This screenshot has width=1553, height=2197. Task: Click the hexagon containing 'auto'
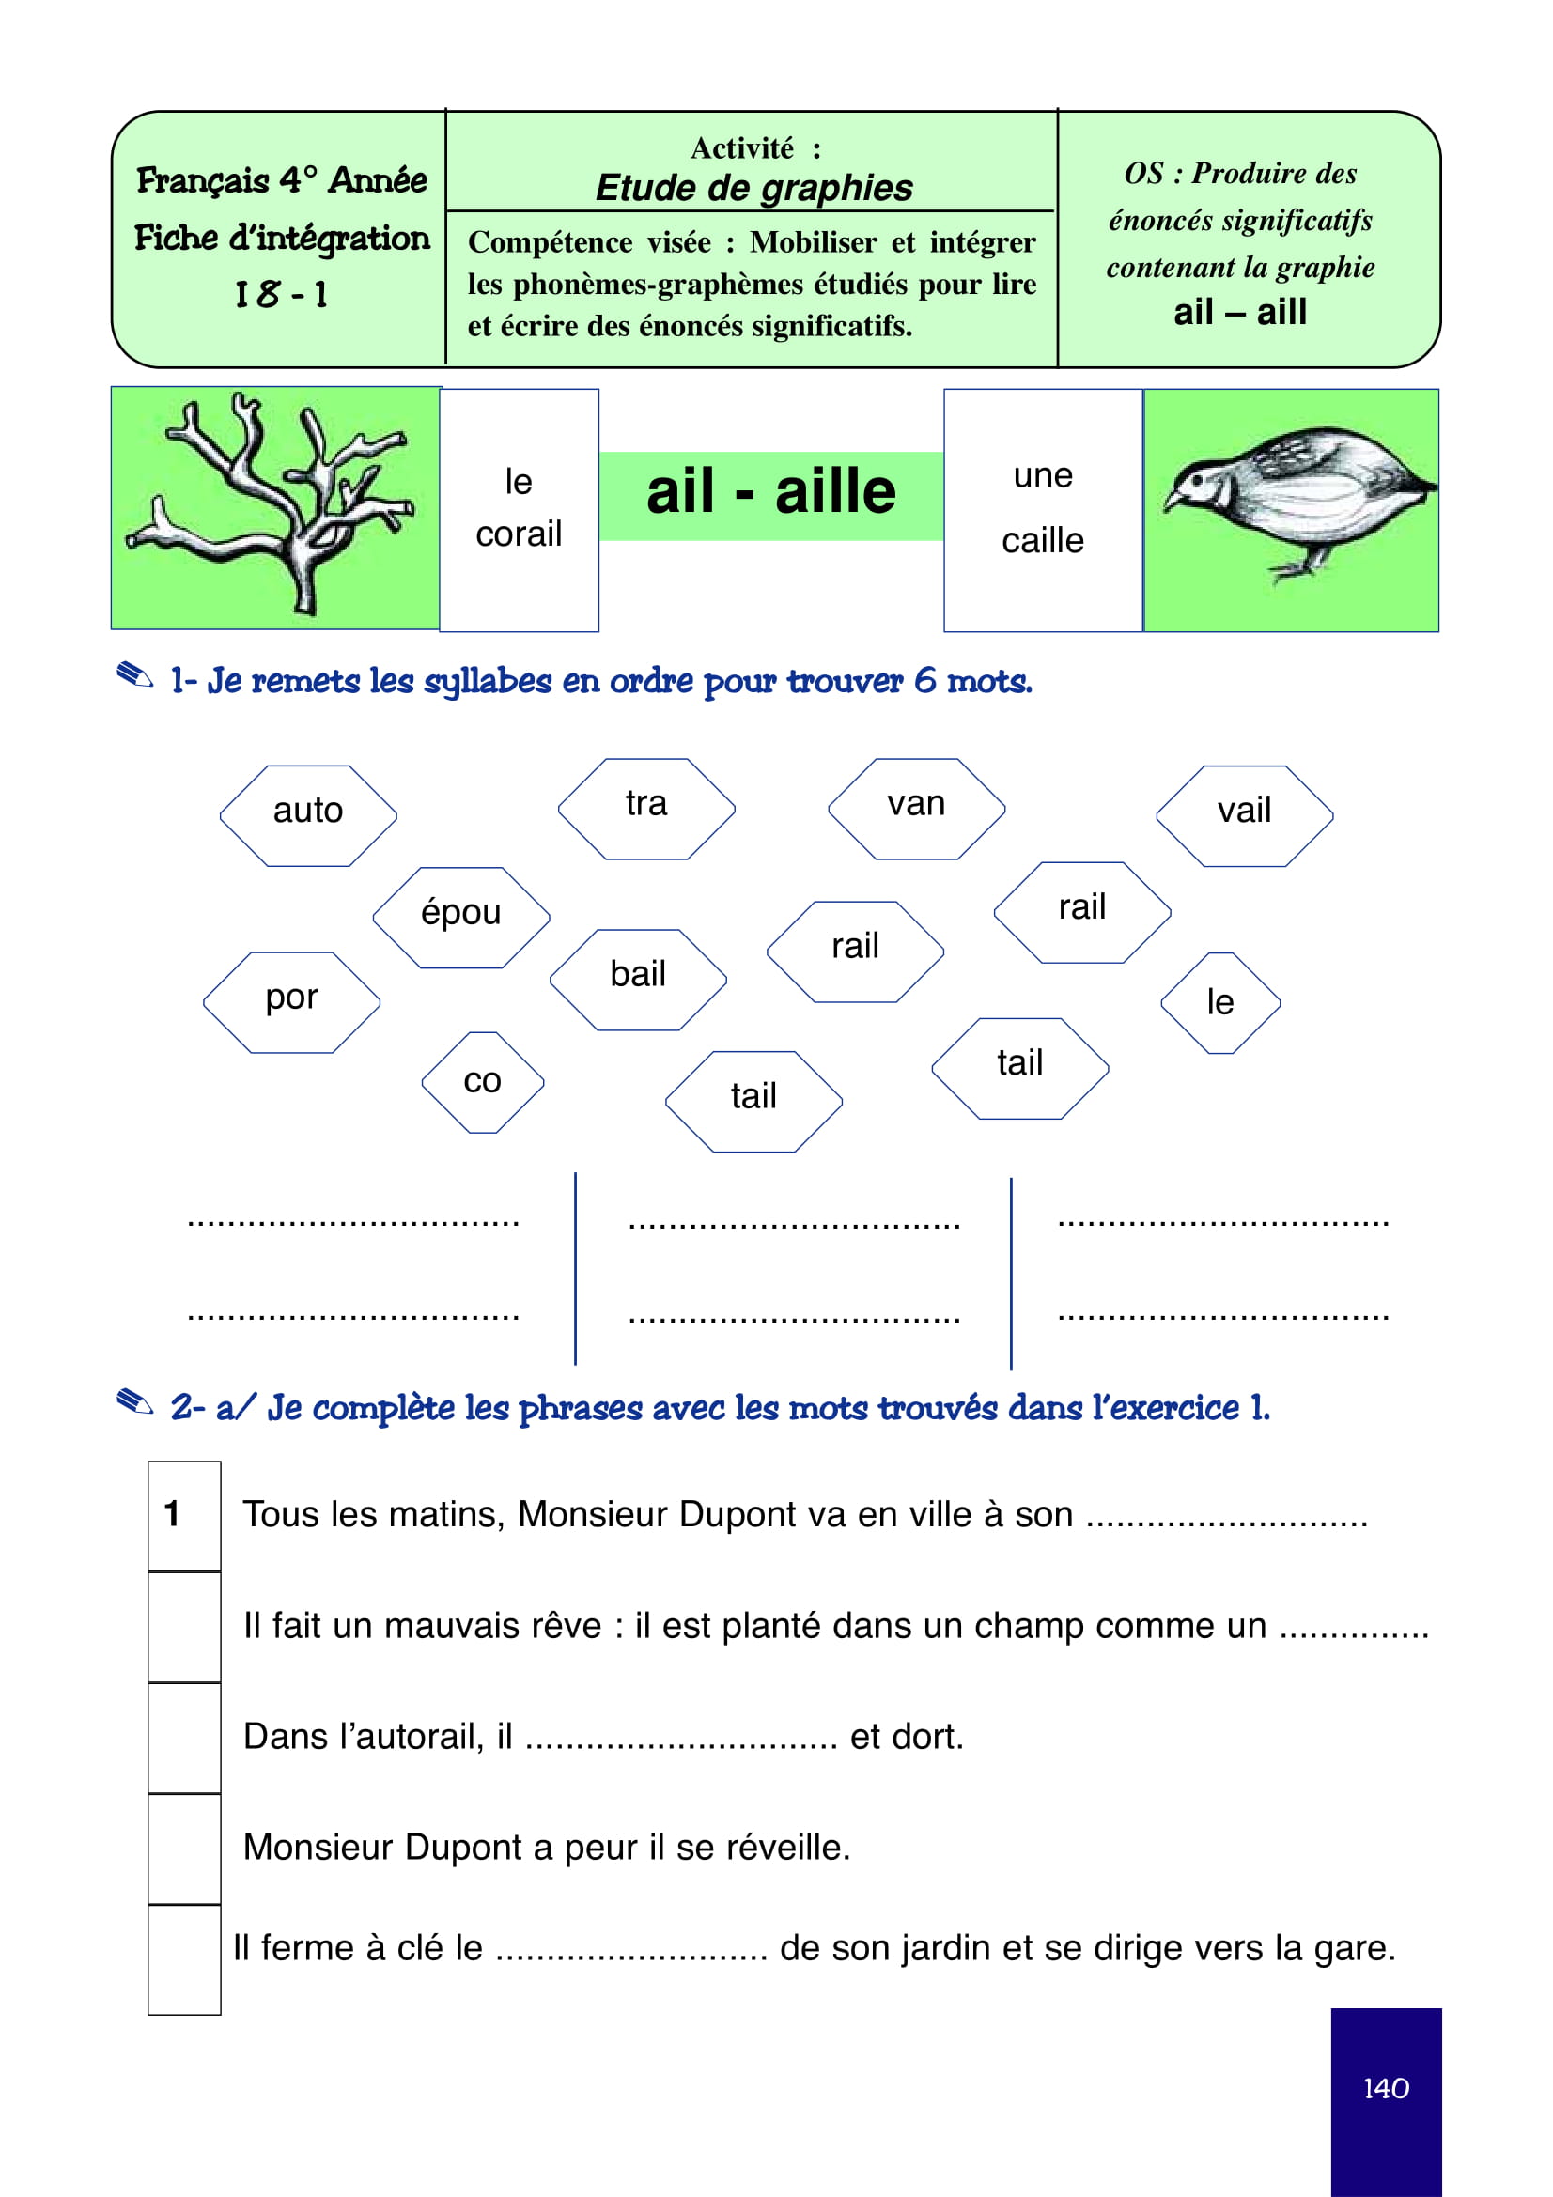(308, 815)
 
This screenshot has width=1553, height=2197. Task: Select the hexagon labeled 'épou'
(461, 917)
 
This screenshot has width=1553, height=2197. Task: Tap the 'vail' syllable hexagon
(1244, 815)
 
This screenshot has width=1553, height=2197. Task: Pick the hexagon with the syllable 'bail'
(638, 979)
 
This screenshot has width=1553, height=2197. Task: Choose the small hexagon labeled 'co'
(482, 1082)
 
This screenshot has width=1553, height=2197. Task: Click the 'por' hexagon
(292, 1002)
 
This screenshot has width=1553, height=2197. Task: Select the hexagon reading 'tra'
(645, 809)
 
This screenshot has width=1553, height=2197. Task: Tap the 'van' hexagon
(916, 809)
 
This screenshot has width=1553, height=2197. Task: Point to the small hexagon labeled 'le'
(1220, 1003)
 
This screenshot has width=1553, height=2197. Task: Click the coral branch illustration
(275, 507)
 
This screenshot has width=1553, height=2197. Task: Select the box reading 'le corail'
(519, 509)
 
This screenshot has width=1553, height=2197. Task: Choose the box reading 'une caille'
(1043, 509)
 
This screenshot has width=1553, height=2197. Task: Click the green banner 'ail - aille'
(771, 495)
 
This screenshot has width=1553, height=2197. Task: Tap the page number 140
(1386, 2088)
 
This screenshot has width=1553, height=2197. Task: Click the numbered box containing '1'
(184, 1515)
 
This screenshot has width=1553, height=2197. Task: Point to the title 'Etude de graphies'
(754, 188)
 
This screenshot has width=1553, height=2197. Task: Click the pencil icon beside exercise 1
(135, 675)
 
